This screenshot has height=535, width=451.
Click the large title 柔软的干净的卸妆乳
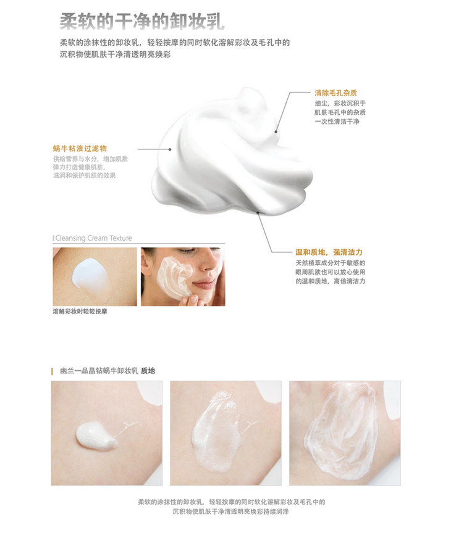coord(142,21)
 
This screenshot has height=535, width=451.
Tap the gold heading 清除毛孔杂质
coord(335,93)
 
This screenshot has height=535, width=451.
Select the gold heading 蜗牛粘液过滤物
coord(80,149)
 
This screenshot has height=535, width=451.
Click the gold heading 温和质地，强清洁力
coord(329,252)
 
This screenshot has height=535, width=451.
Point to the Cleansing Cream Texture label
coord(93,238)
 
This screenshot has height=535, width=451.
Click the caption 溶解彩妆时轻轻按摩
coord(80,311)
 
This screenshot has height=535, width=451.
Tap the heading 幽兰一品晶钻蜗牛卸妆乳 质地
coord(107,371)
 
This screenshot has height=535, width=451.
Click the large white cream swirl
coord(232,154)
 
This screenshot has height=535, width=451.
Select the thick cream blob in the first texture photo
coord(96,436)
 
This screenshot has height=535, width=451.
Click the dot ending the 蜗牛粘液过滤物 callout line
coord(170,149)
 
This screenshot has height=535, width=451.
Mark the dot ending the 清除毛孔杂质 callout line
coord(276,131)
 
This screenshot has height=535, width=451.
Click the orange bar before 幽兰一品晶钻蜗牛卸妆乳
coord(53,371)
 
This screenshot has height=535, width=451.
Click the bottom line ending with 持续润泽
coord(230,512)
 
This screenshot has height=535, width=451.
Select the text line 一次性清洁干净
coord(337,122)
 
